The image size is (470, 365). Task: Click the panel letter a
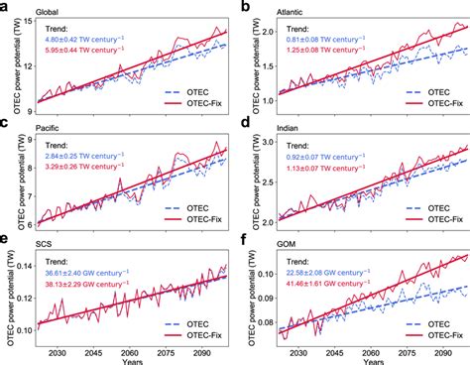click(6, 8)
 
